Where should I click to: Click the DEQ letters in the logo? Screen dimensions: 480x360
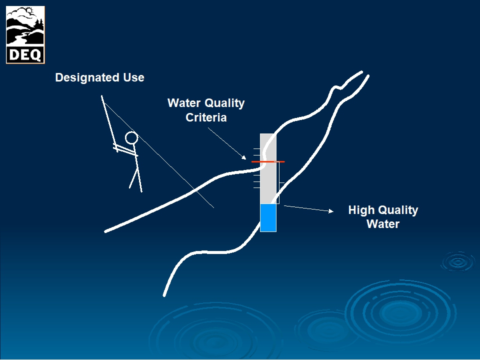pos(25,55)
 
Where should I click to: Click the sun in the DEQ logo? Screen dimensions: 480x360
pos(29,11)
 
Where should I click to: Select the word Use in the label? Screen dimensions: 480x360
pos(134,77)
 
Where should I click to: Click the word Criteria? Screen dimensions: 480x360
pos(206,117)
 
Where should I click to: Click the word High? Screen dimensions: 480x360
pos(361,210)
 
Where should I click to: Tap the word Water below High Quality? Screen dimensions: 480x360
pos(383,224)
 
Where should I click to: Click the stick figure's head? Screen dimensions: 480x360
pos(131,138)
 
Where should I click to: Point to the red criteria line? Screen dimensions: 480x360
pos(268,161)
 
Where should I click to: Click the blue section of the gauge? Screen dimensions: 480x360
pos(268,217)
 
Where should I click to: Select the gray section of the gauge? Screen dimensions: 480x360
pos(268,168)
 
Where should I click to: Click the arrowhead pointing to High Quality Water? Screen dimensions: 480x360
pos(331,211)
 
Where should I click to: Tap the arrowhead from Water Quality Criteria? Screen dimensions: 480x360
pos(244,157)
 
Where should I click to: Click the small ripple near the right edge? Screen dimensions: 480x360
pos(458,261)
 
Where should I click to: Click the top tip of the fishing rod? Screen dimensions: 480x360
pos(101,96)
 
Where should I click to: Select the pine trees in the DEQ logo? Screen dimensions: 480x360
pos(39,25)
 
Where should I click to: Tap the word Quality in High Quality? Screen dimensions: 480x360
pos(397,210)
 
